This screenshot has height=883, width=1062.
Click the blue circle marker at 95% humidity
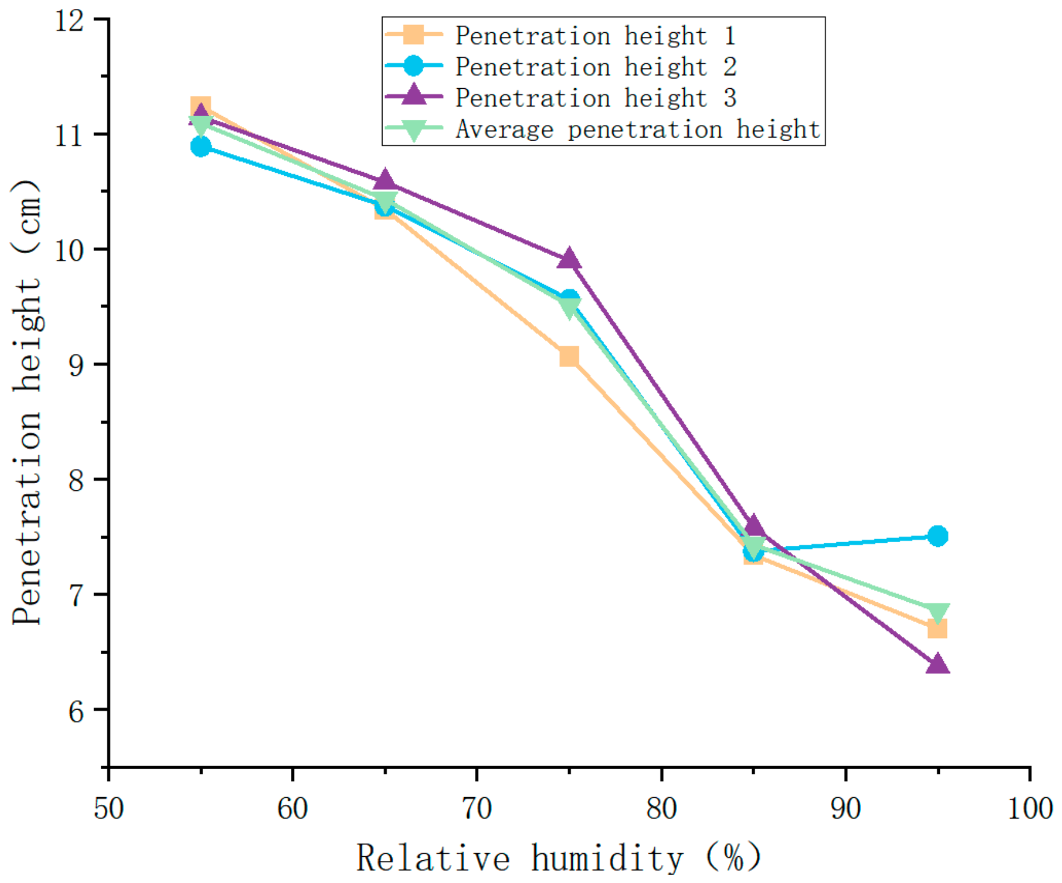pos(937,536)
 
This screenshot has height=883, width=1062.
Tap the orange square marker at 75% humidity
pos(569,356)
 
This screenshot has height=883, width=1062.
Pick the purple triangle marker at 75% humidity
pos(569,260)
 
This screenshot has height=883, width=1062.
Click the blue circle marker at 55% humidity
pos(201,147)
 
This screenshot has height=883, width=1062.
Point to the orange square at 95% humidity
pos(937,629)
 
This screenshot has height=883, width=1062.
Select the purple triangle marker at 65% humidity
pos(385,180)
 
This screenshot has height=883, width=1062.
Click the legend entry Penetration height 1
pos(561,35)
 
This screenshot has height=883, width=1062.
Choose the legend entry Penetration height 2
pos(561,67)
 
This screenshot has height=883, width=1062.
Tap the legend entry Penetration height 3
pos(561,98)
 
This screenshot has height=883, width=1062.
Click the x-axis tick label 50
pos(108,809)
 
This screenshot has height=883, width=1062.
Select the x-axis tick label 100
pos(1030,809)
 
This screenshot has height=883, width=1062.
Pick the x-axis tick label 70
pos(477,809)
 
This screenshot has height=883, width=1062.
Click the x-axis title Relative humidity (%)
pos(559,858)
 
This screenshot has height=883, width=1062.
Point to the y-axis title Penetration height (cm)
pos(27,402)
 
